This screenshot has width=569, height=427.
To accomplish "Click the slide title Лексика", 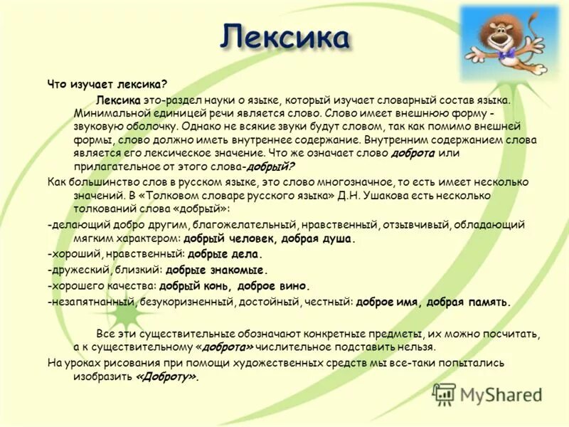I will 284,36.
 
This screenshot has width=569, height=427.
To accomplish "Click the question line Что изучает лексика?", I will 107,84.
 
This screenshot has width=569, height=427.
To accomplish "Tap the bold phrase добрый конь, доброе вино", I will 235,286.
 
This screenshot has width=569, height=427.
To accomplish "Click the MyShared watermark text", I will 501,396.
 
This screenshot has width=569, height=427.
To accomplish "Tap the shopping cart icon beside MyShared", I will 444,394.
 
